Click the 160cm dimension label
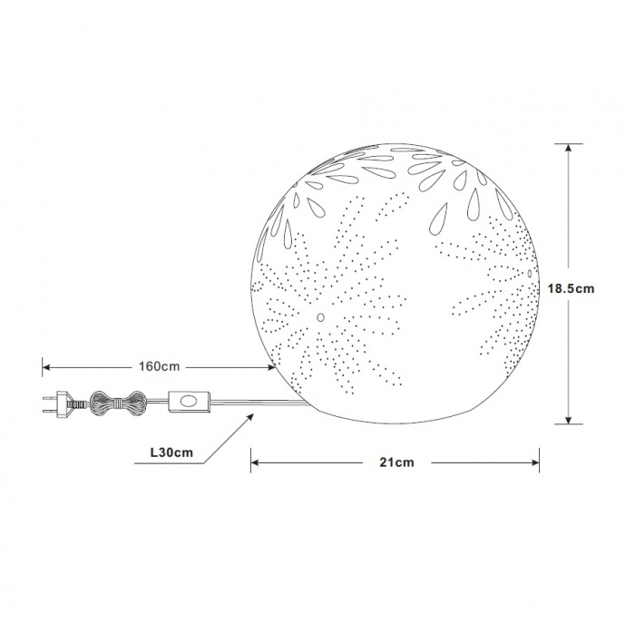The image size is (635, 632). tap(159, 366)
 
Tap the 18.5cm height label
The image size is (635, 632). tap(571, 288)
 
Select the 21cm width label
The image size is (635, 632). tap(397, 462)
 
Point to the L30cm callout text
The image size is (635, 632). tap(171, 452)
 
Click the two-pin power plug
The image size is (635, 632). tap(64, 404)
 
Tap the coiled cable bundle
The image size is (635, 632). tap(117, 404)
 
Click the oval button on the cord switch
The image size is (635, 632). tap(188, 402)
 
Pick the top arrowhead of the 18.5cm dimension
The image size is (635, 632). tap(569, 148)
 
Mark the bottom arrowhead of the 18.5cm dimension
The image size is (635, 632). tap(569, 420)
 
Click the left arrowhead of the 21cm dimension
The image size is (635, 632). tap(255, 462)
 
